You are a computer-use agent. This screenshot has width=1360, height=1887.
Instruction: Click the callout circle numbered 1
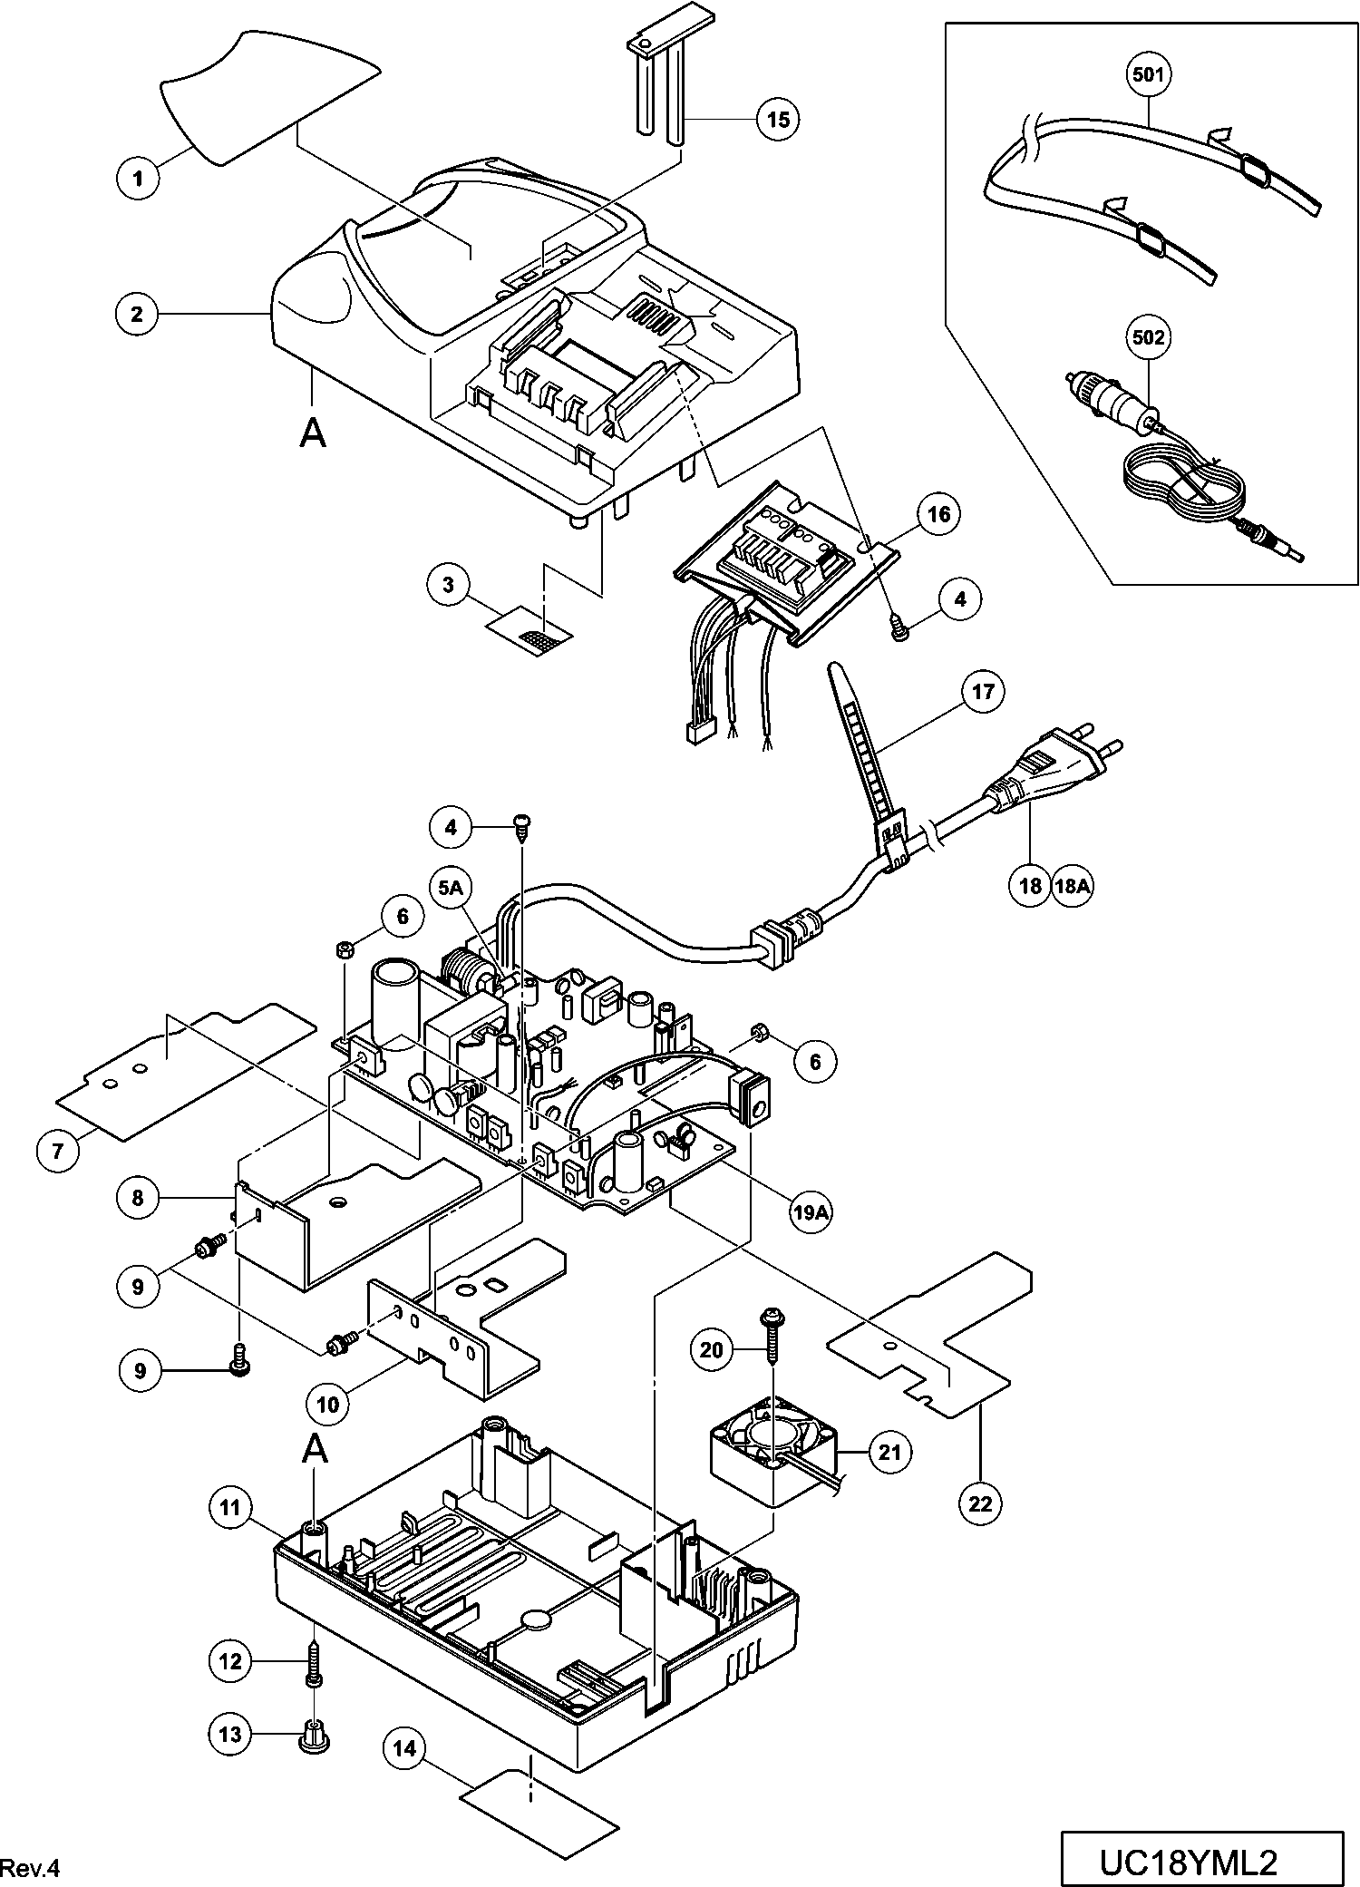click(x=139, y=178)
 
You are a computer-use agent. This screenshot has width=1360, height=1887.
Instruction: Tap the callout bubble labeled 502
click(x=1149, y=338)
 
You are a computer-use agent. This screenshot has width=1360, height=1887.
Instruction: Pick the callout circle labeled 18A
click(x=1072, y=885)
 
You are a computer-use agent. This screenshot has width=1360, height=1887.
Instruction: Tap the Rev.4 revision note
click(x=30, y=1867)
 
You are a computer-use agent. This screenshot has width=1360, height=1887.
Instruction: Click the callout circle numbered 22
click(x=981, y=1504)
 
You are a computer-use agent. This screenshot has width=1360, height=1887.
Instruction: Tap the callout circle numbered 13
click(x=230, y=1734)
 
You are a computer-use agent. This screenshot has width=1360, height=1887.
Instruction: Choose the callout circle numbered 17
click(x=983, y=693)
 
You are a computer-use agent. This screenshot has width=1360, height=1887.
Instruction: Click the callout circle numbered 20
click(x=712, y=1350)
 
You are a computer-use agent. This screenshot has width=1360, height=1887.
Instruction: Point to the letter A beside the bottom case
click(x=314, y=1450)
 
